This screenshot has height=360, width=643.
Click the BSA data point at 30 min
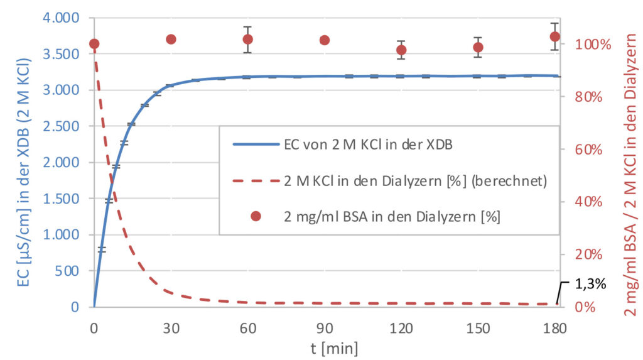[x=171, y=40]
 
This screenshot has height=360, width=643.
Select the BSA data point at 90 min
[x=325, y=40]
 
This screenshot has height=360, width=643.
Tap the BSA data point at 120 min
[x=401, y=50]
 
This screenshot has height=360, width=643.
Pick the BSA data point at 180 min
[x=554, y=36]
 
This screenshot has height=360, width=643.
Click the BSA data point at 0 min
[x=94, y=44]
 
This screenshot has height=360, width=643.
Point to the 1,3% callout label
[x=590, y=284]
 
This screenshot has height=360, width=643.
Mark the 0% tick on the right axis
[x=585, y=307]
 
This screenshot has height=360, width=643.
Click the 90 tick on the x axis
[x=324, y=327]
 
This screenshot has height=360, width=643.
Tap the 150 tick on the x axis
[x=478, y=327]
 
